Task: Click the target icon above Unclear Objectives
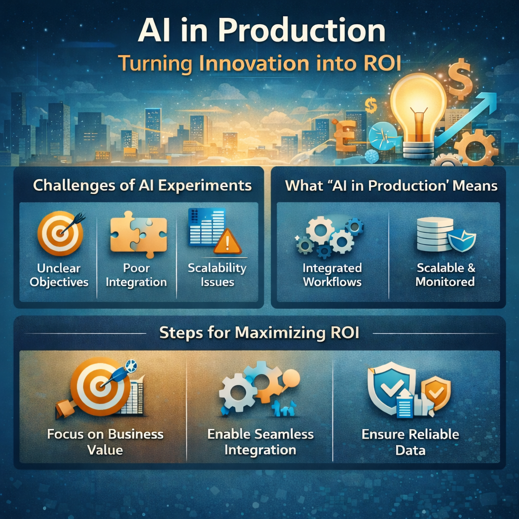click(60, 233)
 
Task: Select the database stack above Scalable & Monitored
click(434, 235)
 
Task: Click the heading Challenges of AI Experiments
click(142, 186)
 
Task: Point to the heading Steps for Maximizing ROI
click(259, 333)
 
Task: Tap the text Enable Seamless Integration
click(261, 442)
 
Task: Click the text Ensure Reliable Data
click(410, 442)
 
